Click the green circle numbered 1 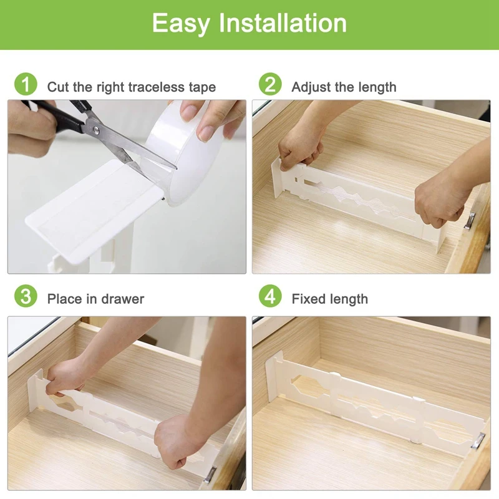click(x=26, y=84)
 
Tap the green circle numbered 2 click(x=270, y=84)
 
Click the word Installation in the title click(x=283, y=23)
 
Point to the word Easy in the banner click(x=181, y=24)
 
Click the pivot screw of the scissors click(x=96, y=129)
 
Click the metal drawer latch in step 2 click(x=470, y=220)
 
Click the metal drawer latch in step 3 click(x=210, y=475)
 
